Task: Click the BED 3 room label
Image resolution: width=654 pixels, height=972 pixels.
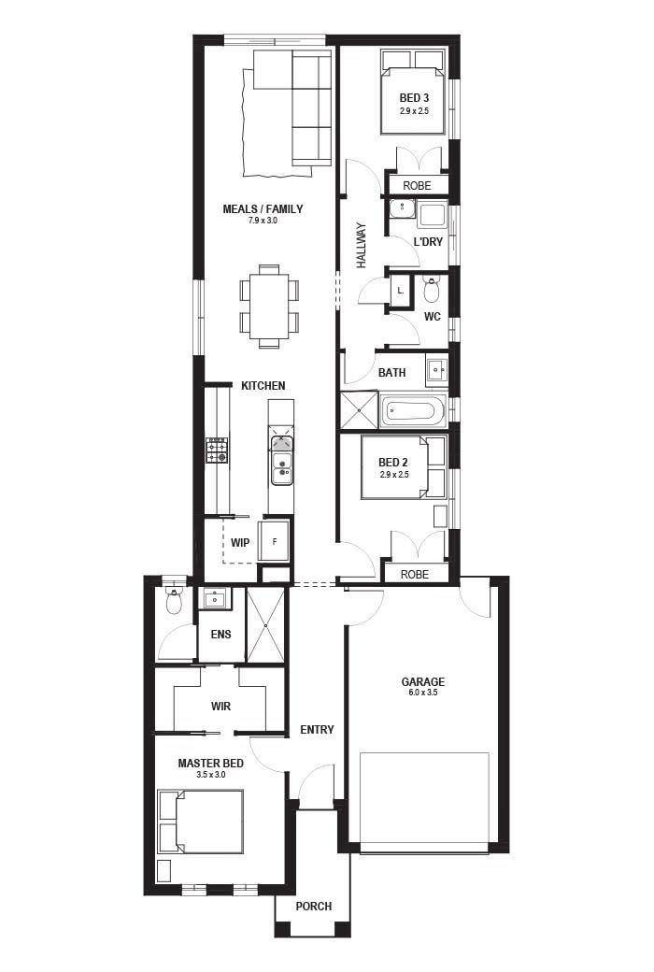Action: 414,98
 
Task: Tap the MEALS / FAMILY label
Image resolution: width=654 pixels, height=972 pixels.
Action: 263,209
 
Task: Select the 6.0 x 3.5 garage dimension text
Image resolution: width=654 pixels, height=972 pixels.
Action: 423,693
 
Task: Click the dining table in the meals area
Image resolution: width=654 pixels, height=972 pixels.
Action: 269,306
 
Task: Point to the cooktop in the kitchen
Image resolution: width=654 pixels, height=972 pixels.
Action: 217,450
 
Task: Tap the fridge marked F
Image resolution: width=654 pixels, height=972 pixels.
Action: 274,541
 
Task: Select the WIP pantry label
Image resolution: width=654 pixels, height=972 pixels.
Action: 240,542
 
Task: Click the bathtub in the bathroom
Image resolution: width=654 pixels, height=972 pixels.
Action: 413,411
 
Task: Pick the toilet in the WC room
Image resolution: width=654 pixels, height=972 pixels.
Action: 431,288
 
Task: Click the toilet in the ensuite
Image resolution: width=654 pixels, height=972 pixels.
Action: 174,601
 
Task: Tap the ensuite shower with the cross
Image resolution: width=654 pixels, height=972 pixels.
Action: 264,625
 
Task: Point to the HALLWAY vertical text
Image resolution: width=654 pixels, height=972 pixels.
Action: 362,245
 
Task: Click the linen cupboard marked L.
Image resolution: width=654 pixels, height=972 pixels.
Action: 400,291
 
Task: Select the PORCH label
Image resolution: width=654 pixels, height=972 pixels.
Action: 313,907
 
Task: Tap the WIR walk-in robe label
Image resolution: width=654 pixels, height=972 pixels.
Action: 220,707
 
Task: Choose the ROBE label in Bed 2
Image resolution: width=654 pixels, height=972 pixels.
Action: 416,574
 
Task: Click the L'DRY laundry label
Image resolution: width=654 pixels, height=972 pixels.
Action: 428,242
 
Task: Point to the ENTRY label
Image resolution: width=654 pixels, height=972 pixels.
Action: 317,730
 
